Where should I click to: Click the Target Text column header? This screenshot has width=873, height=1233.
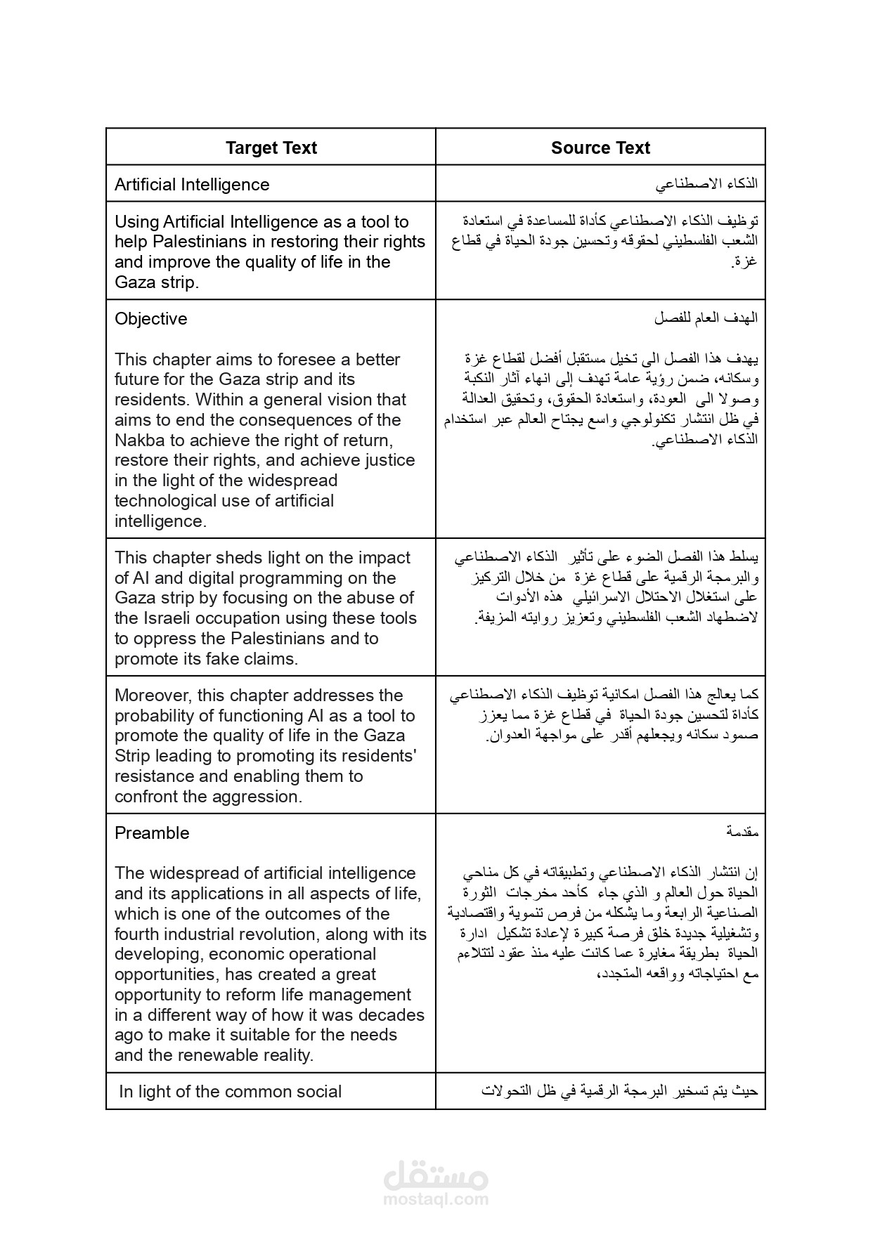coord(271,148)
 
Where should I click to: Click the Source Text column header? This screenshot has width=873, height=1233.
coord(600,148)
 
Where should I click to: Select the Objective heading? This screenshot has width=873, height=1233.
coord(151,319)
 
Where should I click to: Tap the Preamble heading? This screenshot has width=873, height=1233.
coord(152,833)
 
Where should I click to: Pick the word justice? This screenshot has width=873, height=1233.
coord(390,461)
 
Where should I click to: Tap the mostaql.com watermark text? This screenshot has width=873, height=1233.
coord(436,1199)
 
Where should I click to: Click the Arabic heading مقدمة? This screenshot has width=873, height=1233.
coord(742,833)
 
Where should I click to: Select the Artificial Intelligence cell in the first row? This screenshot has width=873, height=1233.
coord(192,185)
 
